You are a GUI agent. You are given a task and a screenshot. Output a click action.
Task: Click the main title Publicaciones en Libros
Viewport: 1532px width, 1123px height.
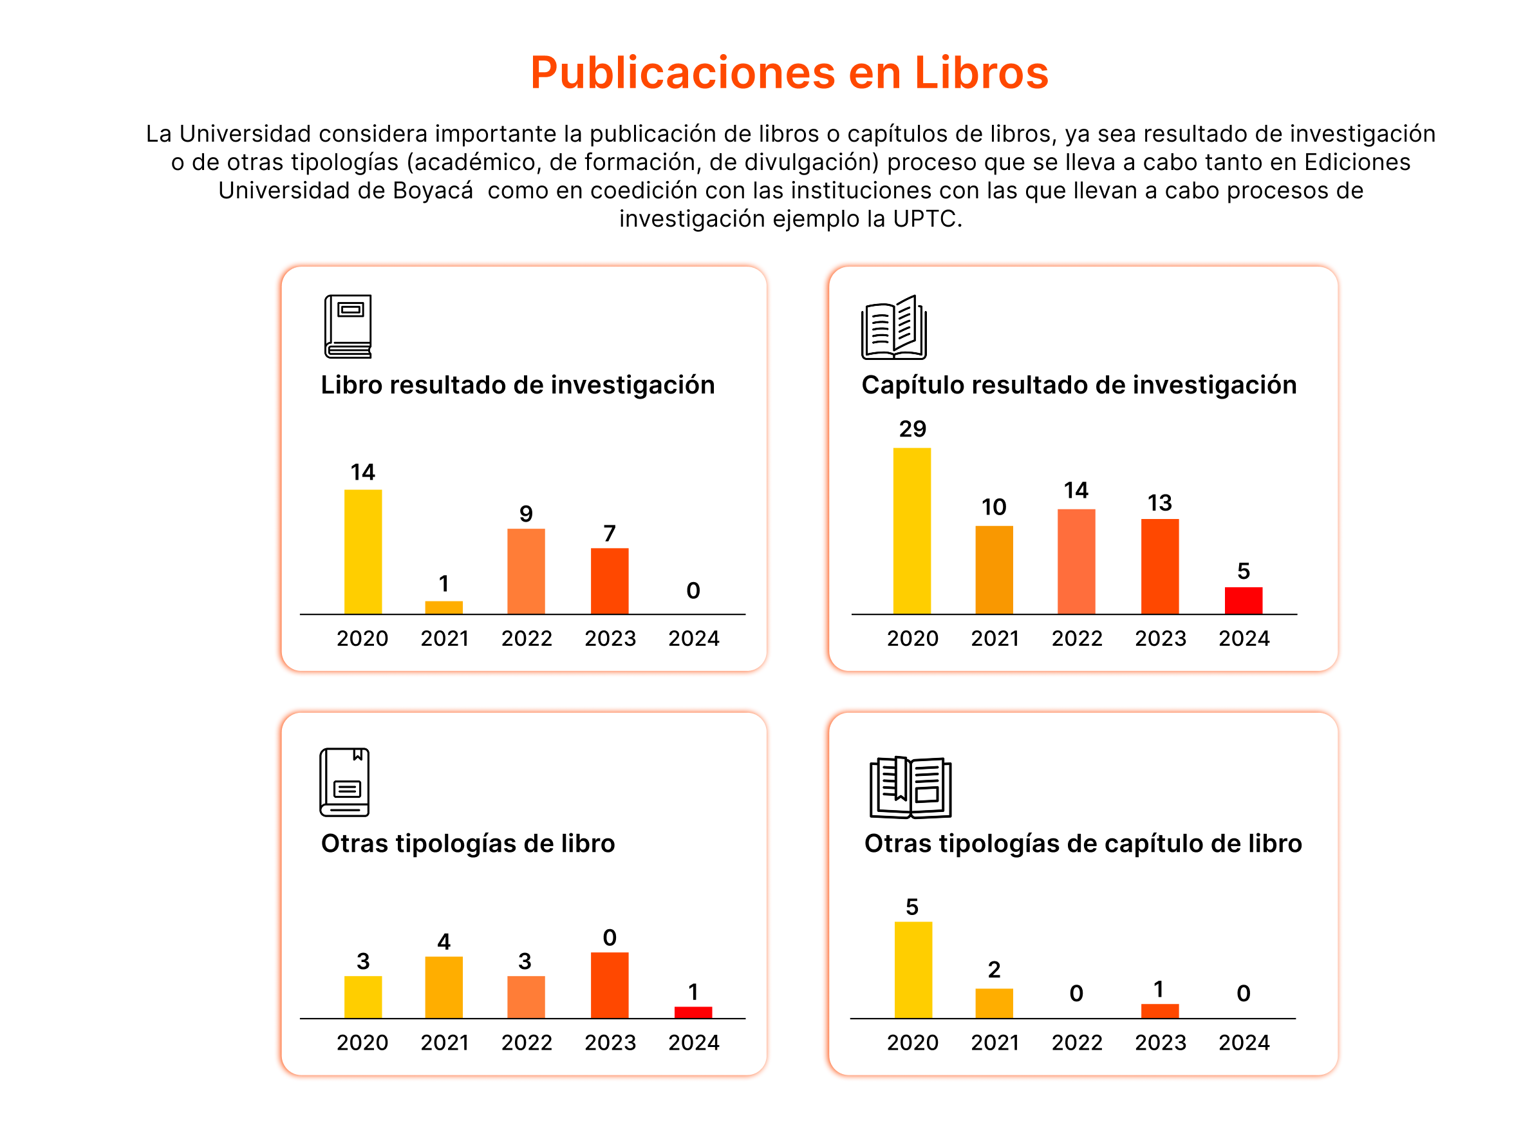[789, 73]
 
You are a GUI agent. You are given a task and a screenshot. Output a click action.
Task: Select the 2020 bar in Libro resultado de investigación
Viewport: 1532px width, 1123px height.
[363, 551]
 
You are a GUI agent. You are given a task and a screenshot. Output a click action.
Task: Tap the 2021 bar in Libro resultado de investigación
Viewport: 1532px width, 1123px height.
[444, 607]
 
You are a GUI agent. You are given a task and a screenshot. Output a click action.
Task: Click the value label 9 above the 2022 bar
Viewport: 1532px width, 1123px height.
[526, 514]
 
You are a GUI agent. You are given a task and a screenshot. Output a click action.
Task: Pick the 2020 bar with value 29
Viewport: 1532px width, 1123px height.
[911, 531]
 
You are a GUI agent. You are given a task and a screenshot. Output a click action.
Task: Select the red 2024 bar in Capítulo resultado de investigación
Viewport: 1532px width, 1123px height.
[1242, 600]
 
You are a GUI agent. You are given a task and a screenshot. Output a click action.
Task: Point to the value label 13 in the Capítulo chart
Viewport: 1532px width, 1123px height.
[1159, 503]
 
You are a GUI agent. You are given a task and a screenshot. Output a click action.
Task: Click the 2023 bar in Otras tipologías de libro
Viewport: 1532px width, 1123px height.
[610, 985]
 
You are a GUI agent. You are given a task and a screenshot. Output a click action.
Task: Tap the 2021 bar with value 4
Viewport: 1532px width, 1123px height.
[444, 986]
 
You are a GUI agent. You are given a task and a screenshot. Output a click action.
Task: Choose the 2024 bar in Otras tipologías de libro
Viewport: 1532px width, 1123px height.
[693, 1012]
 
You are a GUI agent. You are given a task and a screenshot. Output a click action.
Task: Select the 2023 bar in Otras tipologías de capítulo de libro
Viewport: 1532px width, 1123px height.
[1159, 1011]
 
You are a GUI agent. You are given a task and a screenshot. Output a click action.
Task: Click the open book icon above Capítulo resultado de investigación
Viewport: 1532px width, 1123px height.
[893, 328]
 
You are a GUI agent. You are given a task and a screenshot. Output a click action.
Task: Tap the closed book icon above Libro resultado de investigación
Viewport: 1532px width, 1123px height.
[348, 326]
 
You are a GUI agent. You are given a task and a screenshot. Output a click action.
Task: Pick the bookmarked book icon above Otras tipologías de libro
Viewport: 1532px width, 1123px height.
[344, 782]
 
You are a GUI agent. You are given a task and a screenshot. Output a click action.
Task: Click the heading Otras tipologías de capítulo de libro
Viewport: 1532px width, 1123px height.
[1082, 844]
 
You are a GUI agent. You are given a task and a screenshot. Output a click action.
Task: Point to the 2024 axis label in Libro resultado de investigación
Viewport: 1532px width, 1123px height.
[693, 638]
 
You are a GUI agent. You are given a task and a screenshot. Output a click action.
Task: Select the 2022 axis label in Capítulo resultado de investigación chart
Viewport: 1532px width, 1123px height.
[1076, 638]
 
